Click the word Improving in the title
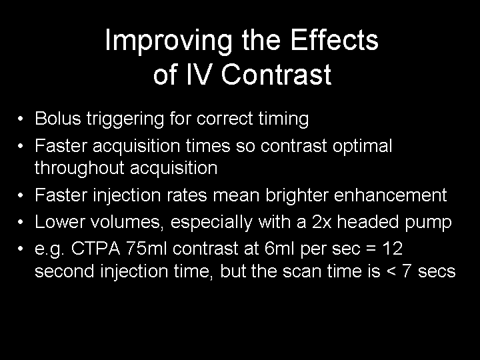(x=169, y=42)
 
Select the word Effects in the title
(x=334, y=40)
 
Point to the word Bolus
(x=58, y=118)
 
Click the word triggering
(x=125, y=120)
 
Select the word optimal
(x=363, y=147)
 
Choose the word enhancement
(x=390, y=195)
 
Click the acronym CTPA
(x=96, y=248)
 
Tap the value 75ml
(x=147, y=248)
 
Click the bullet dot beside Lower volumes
(x=21, y=221)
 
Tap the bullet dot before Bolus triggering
(x=21, y=118)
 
